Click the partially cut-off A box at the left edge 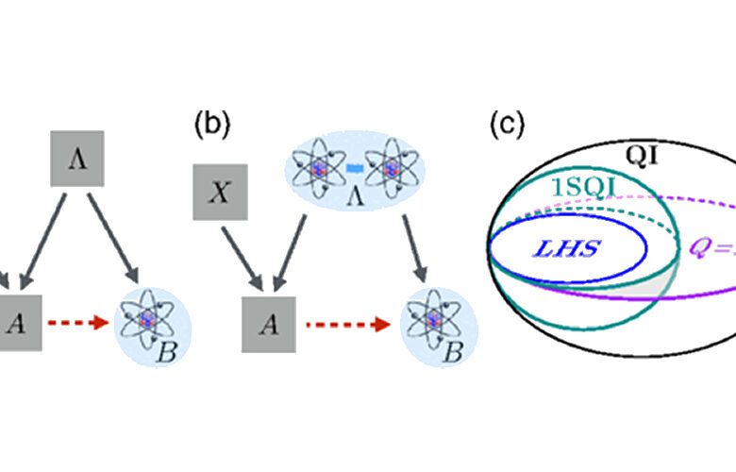[x=19, y=324]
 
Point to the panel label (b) [x=211, y=124]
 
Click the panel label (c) [x=507, y=124]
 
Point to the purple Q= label [x=710, y=252]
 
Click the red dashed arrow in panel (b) [x=350, y=325]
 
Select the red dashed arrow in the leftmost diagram [x=79, y=324]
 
